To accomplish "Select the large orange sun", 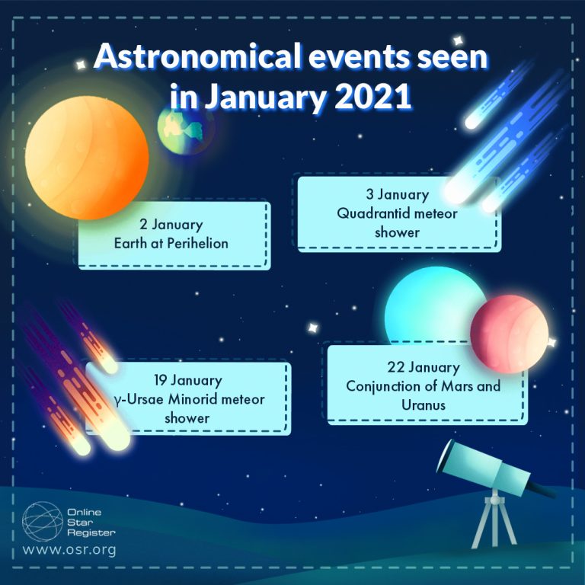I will point(85,155).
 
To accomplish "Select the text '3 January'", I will point(398,196).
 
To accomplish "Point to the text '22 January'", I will point(423,368).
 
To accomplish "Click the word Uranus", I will point(423,404).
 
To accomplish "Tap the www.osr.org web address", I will point(69,549).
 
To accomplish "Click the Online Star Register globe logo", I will point(42,521).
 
